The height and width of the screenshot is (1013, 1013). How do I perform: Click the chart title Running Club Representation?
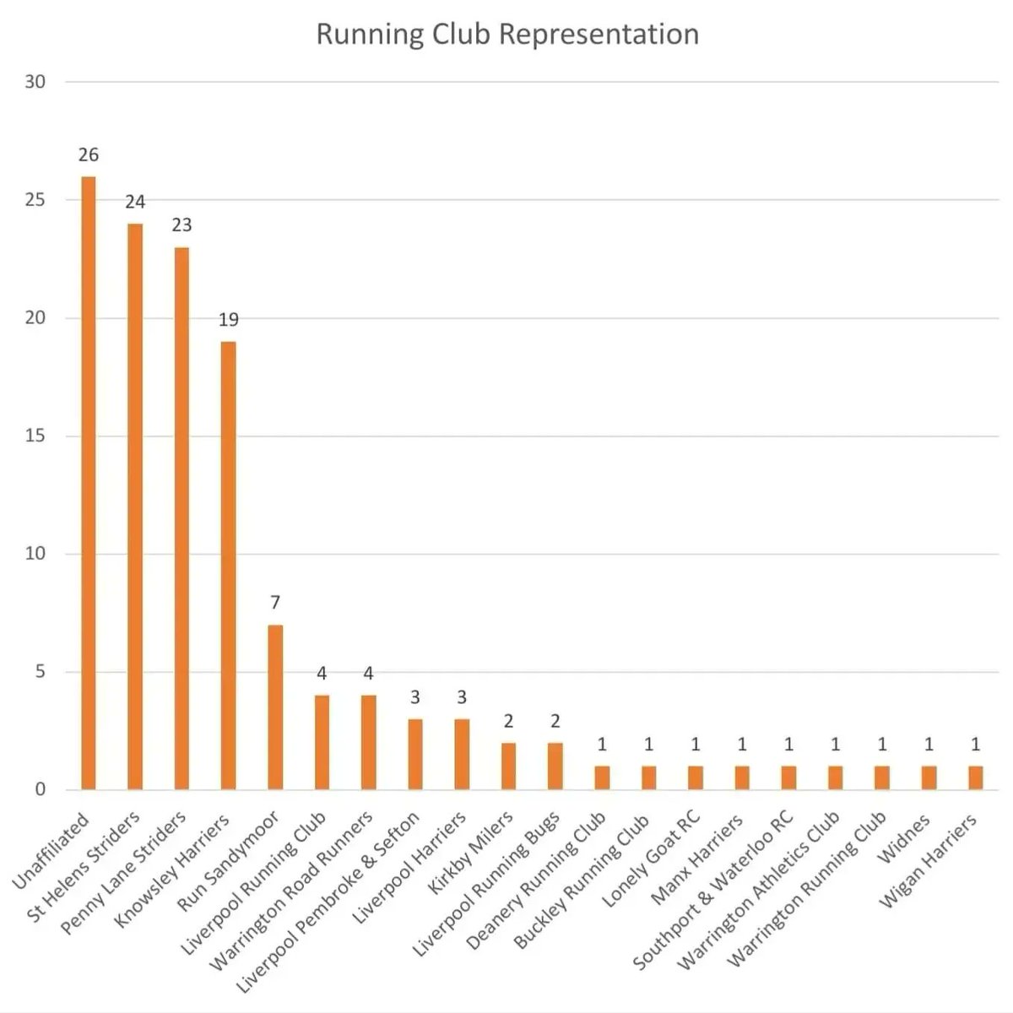(x=507, y=35)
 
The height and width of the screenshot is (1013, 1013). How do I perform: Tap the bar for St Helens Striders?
(x=135, y=506)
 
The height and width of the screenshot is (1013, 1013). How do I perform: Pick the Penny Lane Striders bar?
(x=181, y=518)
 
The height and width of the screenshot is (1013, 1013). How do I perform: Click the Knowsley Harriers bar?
(x=229, y=566)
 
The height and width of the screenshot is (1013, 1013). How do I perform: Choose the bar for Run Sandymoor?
(x=275, y=707)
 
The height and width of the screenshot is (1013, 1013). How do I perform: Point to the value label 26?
(x=89, y=155)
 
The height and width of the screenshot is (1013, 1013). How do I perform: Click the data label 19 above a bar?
(x=229, y=320)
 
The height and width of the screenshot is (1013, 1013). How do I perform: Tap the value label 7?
(x=275, y=603)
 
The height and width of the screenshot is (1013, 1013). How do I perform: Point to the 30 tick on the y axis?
(x=35, y=82)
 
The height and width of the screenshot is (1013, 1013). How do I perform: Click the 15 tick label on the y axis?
(x=35, y=436)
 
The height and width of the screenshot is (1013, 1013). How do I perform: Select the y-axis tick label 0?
(x=40, y=790)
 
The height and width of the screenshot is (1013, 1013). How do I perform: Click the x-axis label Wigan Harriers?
(x=928, y=861)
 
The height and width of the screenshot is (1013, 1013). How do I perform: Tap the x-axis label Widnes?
(x=905, y=839)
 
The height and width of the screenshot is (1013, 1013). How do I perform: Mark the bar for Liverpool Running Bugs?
(x=555, y=767)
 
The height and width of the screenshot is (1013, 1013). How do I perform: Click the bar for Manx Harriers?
(x=742, y=778)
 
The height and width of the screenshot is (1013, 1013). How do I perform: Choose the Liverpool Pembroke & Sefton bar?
(x=415, y=755)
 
